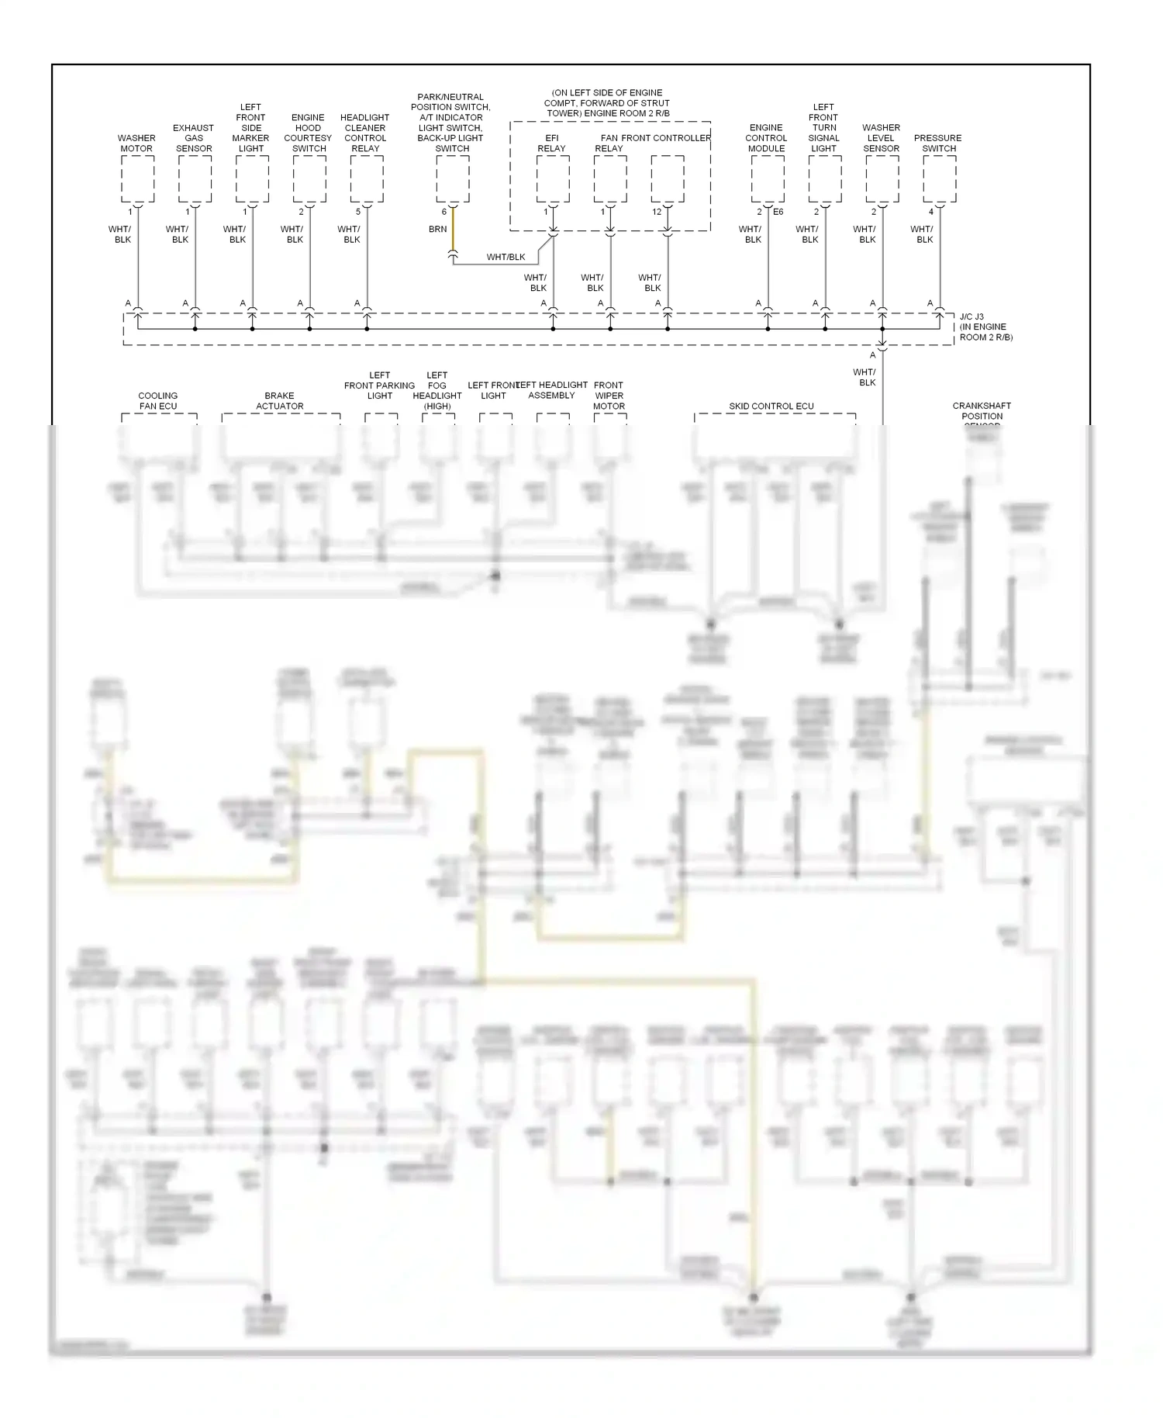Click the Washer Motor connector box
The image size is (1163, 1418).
pyautogui.click(x=138, y=179)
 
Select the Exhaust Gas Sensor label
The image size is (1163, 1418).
pyautogui.click(x=194, y=138)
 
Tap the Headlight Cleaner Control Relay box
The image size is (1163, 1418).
pyautogui.click(x=367, y=179)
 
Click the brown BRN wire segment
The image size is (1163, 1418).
pyautogui.click(x=453, y=232)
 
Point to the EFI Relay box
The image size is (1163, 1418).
pyautogui.click(x=553, y=179)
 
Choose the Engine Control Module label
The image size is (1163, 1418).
pyautogui.click(x=766, y=138)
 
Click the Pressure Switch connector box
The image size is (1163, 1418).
pyautogui.click(x=940, y=179)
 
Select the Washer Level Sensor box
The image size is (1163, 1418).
pyautogui.click(x=882, y=179)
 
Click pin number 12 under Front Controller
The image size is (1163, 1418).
pyautogui.click(x=657, y=212)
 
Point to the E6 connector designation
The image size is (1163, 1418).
pyautogui.click(x=778, y=212)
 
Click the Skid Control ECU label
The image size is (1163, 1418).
pyautogui.click(x=771, y=406)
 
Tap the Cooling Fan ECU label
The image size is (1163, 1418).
pyautogui.click(x=158, y=401)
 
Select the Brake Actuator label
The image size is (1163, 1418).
pyautogui.click(x=280, y=401)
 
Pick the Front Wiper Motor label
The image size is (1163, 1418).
pyautogui.click(x=609, y=396)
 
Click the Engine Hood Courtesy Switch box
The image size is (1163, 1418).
pyautogui.click(x=309, y=179)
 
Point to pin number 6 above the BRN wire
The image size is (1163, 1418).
pyautogui.click(x=444, y=212)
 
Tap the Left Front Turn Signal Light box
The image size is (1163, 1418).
pyautogui.click(x=825, y=179)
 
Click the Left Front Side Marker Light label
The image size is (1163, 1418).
pyautogui.click(x=251, y=128)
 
